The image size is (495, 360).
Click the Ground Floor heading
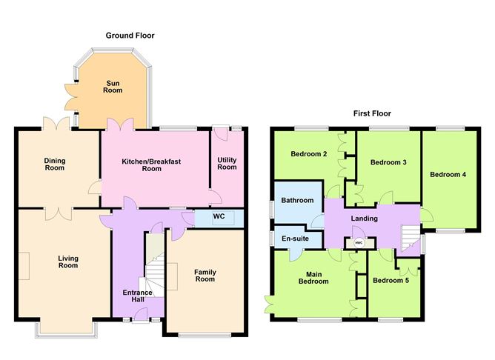coord(130,36)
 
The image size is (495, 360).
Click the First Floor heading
coord(372,113)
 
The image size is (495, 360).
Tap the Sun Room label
coord(113,87)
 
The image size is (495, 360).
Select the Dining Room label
coord(55,164)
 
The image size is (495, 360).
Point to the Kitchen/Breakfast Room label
coord(151,165)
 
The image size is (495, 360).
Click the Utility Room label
coord(227,164)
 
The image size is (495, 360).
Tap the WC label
coord(219,216)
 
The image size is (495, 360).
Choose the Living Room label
coord(68,262)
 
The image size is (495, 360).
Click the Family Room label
coord(205,276)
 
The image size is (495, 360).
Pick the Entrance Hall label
coord(138,296)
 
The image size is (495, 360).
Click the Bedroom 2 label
coord(309,154)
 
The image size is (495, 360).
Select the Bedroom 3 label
coord(388,162)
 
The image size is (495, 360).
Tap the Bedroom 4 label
coord(448,175)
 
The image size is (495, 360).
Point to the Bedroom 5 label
coord(391,280)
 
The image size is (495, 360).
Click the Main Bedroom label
coord(313,278)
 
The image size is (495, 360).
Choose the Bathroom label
coord(297,200)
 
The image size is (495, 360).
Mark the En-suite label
coord(295,239)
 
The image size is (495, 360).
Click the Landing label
coord(365,219)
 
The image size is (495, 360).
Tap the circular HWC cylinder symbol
coord(359,243)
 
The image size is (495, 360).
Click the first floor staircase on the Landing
coord(411,236)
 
